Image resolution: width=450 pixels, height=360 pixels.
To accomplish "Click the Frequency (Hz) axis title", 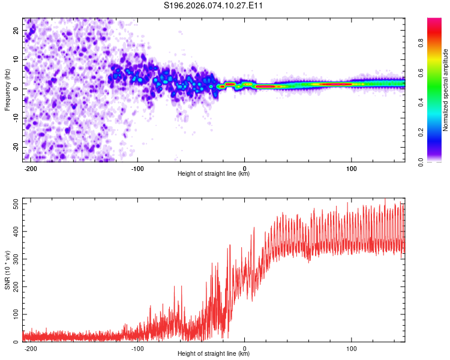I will (7, 89).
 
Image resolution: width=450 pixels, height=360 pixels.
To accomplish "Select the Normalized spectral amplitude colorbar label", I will (445, 89).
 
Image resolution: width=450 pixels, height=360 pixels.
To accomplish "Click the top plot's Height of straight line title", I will (214, 174).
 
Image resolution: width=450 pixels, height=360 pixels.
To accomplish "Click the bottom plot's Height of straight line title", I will (214, 354).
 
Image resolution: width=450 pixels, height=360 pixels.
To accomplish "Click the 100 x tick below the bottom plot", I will (352, 348).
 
